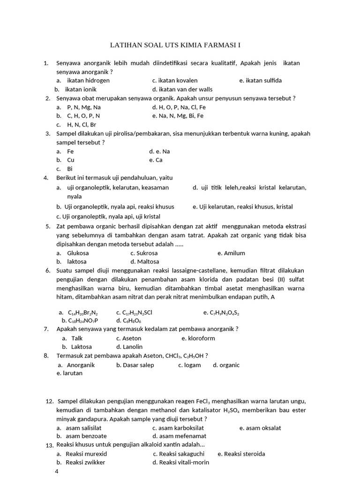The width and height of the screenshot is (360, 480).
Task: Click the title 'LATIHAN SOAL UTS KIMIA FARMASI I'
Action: (175, 45)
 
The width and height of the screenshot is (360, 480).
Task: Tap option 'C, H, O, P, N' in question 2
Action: (83, 115)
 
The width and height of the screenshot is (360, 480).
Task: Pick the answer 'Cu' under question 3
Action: (71, 160)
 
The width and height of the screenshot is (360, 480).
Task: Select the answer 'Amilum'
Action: (234, 253)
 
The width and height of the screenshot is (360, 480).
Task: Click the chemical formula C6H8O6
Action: (132, 321)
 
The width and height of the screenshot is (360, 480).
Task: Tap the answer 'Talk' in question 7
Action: (77, 338)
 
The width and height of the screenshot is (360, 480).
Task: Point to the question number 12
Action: (50, 402)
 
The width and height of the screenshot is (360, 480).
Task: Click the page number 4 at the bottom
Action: (57, 472)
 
